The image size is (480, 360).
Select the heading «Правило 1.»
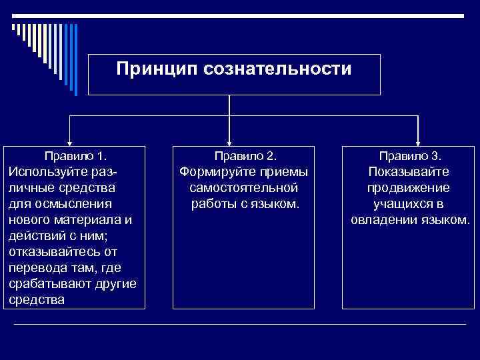[x=75, y=157]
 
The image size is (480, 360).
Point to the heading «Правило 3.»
[x=410, y=157]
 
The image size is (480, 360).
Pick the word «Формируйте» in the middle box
[x=215, y=172]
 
